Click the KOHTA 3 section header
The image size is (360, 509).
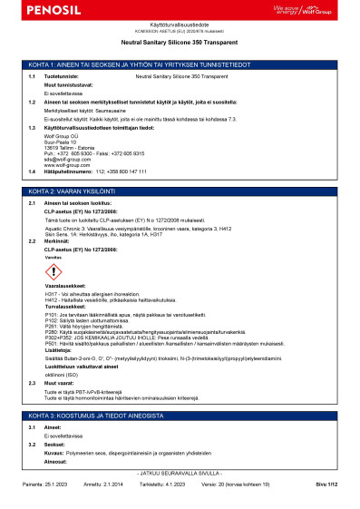(180, 389)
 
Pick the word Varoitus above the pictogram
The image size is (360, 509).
(53, 258)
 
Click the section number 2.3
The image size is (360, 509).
(32, 357)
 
